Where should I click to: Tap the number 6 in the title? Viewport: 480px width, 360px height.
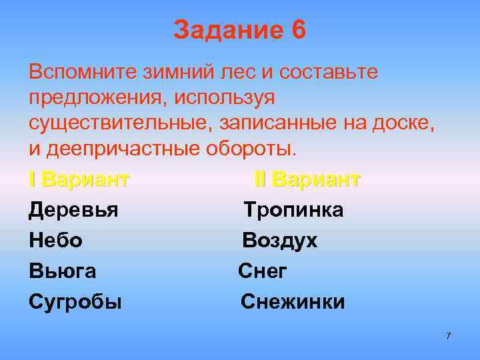point(299,31)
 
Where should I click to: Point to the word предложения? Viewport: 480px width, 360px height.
point(97,97)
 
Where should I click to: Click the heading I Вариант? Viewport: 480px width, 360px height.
point(79,179)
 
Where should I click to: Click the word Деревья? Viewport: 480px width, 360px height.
point(73,211)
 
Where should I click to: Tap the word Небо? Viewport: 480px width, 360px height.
point(55,241)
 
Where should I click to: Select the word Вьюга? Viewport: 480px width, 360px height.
point(62,271)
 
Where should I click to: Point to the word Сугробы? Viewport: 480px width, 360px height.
point(75,302)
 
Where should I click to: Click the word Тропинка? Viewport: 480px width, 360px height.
point(293,211)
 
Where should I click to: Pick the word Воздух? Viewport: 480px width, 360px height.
point(279,241)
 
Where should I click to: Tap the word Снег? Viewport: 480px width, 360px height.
point(263,271)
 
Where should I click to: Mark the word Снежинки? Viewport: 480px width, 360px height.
point(293,302)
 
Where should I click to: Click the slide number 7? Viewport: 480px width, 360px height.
point(448,336)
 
